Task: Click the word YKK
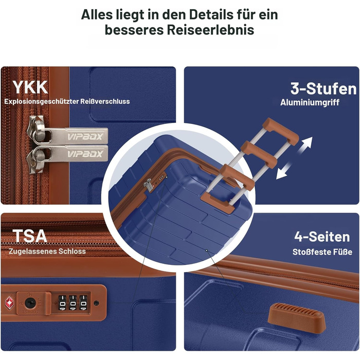tap(30, 87)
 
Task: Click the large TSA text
tap(30, 236)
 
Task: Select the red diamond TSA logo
tap(9, 303)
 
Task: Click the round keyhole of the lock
tap(30, 303)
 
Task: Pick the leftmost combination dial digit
tap(62, 303)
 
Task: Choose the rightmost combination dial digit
tap(83, 303)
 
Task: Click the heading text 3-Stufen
tap(323, 88)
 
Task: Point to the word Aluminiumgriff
tap(310, 102)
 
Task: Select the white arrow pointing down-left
tap(284, 171)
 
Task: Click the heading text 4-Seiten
tap(322, 237)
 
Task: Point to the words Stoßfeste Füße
tap(322, 252)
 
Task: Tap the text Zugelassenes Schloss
tap(47, 251)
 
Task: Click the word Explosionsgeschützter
tap(41, 101)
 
